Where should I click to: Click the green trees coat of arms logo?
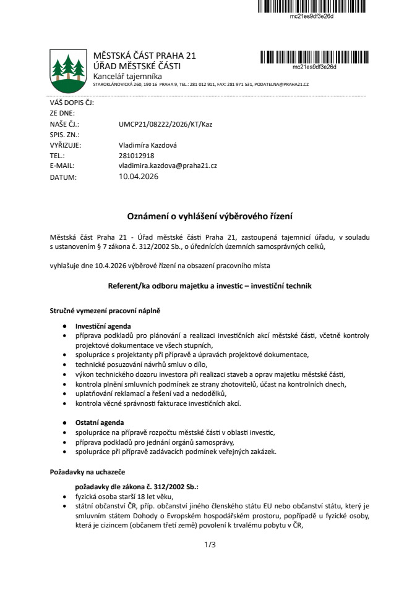[68, 68]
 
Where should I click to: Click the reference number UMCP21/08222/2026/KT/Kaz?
[165, 124]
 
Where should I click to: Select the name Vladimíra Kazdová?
[147, 145]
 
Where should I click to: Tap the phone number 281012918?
[136, 156]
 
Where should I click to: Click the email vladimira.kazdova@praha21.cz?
[167, 166]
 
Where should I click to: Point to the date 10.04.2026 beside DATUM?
[139, 177]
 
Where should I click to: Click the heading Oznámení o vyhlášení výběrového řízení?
[210, 216]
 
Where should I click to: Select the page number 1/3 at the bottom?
[210, 545]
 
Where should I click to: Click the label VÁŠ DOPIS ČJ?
[71, 103]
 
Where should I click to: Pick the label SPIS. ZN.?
[64, 135]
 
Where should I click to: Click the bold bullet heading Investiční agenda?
[103, 326]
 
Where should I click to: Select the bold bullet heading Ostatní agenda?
[100, 423]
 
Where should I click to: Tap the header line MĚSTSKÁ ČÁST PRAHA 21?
[144, 56]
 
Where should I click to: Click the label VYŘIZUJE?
[65, 145]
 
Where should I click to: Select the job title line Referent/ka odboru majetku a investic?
[210, 287]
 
